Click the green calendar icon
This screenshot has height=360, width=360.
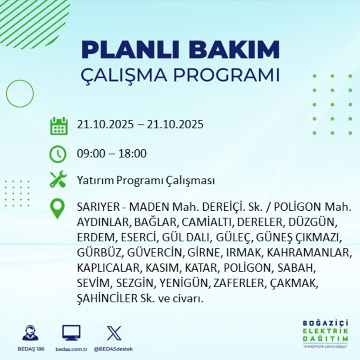tap(58, 126)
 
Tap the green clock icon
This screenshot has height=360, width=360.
tap(58, 154)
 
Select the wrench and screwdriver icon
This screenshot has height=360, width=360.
tap(58, 180)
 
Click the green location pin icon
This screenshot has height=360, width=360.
tap(58, 209)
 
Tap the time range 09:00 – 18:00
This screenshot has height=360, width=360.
tap(112, 154)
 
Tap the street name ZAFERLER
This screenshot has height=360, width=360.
tap(237, 283)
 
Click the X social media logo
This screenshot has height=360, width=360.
tap(114, 333)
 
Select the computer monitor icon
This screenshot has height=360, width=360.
tap(71, 333)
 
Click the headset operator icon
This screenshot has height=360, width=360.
tap(30, 333)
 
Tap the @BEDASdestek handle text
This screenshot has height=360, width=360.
tap(114, 349)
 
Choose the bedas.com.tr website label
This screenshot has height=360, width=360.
tap(71, 349)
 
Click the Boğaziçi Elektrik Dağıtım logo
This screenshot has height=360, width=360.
tap(325, 333)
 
